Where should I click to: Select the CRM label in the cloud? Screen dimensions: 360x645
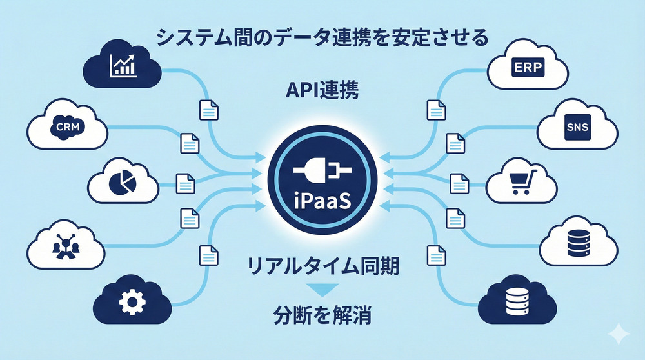[x=68, y=126]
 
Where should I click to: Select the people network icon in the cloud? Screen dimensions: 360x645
[x=65, y=245]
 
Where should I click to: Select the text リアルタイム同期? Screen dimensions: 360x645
[x=321, y=265]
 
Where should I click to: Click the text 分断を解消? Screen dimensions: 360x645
[x=321, y=316]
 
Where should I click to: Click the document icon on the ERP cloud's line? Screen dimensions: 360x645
[x=436, y=111]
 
